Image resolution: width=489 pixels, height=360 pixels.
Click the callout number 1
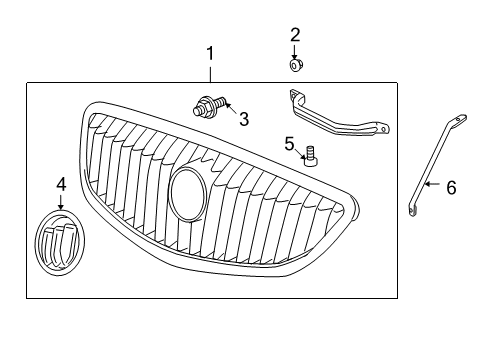tap(210, 52)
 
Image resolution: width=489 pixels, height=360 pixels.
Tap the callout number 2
tap(295, 35)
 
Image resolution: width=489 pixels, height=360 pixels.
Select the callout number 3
tap(243, 119)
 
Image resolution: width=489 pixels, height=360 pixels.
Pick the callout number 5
tap(289, 143)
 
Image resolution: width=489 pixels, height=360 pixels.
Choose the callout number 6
tap(451, 186)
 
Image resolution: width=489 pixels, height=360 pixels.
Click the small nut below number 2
tap(296, 66)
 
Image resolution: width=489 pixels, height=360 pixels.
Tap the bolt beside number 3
tap(209, 104)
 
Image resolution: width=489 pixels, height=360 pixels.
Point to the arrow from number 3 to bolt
tap(229, 111)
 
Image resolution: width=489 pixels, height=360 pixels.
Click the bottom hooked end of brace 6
tap(413, 211)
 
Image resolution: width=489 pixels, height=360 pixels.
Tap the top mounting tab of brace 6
tap(460, 121)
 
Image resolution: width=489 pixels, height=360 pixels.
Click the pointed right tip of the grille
tap(356, 209)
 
